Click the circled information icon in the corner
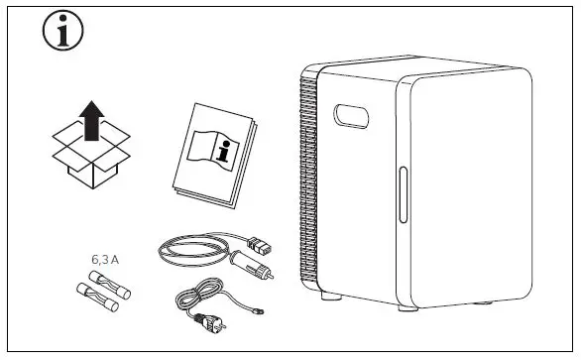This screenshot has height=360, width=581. click(62, 34)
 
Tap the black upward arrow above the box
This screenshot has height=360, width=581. click(91, 117)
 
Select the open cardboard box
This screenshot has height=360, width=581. click(91, 158)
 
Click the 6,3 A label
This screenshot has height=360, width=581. click(105, 259)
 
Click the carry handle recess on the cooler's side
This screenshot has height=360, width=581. click(353, 117)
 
